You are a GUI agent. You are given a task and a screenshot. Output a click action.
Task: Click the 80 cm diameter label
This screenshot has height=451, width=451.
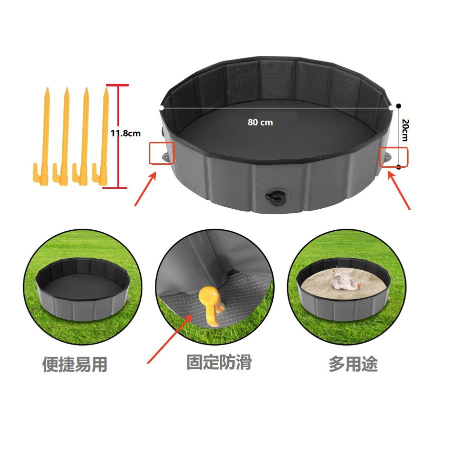260,122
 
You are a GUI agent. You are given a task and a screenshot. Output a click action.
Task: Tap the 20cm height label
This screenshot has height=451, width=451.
405,131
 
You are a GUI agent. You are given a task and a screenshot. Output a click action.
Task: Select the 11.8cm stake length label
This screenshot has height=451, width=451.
125,133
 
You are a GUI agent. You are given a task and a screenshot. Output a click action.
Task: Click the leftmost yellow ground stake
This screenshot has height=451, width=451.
45,135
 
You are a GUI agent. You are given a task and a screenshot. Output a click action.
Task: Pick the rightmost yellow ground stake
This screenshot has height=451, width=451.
104,135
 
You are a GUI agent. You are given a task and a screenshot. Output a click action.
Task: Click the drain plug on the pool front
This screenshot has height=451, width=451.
274,197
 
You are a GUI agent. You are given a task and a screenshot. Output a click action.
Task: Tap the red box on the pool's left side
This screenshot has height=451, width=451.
161,153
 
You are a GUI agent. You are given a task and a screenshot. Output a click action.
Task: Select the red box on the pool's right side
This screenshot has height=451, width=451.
395,156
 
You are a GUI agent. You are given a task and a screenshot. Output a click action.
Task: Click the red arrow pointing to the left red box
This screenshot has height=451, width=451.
146,188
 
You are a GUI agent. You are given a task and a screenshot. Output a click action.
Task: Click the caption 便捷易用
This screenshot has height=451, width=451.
75,365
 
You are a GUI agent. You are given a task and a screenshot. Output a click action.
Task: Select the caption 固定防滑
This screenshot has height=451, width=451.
219,362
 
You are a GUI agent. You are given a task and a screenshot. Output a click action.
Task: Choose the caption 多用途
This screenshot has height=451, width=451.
353,364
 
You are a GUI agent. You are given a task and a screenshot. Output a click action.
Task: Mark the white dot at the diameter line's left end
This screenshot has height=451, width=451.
161,107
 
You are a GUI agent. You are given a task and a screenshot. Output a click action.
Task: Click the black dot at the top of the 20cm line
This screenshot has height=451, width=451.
399,106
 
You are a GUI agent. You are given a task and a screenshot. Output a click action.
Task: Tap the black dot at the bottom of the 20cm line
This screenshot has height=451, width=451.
399,167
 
